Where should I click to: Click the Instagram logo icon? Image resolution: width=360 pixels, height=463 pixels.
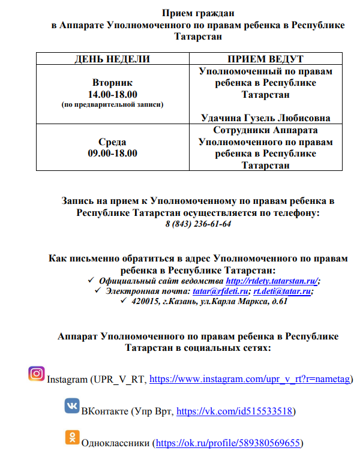(37, 374)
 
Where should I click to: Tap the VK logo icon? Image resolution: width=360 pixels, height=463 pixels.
(71, 406)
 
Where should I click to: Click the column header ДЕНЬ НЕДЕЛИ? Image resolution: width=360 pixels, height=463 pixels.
(112, 59)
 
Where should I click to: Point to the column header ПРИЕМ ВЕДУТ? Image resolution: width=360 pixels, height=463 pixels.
(265, 59)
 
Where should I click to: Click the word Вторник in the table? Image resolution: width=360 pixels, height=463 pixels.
(112, 82)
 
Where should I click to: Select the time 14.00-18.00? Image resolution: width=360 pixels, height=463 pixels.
(112, 94)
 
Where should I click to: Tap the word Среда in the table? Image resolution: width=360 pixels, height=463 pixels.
(112, 142)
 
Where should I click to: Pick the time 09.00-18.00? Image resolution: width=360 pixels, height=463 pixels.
(112, 153)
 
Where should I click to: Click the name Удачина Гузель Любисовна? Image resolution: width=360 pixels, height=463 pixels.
(265, 118)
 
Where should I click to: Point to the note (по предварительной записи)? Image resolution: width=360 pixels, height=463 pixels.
(112, 104)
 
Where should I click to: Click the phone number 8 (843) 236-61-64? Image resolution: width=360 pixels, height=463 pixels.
(198, 224)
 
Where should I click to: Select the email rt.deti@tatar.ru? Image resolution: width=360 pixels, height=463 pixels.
(281, 291)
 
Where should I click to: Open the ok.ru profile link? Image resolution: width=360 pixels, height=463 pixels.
(228, 444)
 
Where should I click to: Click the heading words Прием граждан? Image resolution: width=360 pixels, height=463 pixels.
(198, 13)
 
